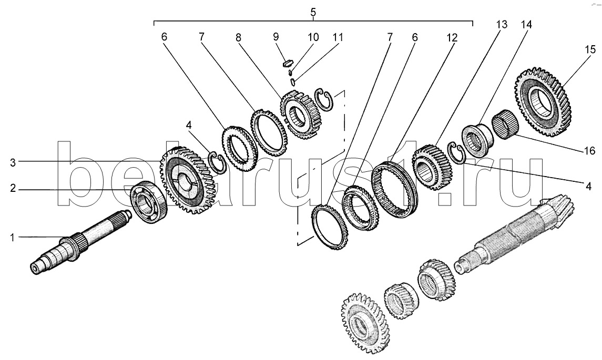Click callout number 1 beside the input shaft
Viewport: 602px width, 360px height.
point(12,238)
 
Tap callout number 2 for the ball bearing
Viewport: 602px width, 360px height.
point(13,189)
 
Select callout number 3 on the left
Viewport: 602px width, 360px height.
point(13,162)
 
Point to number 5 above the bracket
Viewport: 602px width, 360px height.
point(313,12)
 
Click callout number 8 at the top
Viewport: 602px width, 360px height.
point(238,37)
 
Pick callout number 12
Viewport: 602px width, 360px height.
point(452,38)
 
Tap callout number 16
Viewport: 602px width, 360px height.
point(590,150)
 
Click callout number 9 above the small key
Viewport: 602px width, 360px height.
point(276,37)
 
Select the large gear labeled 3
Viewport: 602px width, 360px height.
point(185,180)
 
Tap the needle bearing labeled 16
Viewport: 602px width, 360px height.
point(505,124)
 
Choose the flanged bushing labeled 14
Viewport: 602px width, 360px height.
point(477,140)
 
